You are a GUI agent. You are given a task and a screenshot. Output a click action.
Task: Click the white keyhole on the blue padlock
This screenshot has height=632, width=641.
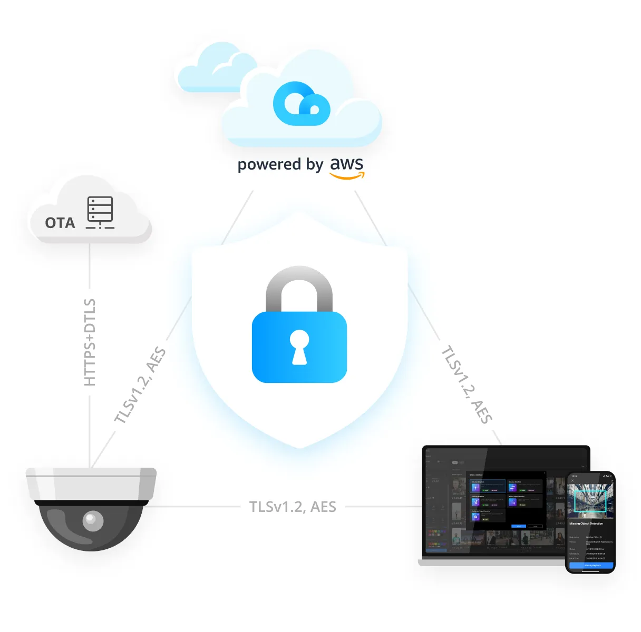point(299,347)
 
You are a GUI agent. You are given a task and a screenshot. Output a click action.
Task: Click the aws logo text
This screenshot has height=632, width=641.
point(347,164)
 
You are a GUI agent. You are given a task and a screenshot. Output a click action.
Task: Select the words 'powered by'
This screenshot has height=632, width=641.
point(280,165)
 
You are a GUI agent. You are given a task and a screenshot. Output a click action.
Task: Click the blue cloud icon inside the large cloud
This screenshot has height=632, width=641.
point(301,104)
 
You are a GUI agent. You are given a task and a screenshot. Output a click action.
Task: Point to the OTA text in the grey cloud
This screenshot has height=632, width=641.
point(60,223)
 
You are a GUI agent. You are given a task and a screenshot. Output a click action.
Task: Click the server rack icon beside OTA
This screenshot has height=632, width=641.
point(100,212)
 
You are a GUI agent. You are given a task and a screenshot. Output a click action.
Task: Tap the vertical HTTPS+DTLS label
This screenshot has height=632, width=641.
point(90,342)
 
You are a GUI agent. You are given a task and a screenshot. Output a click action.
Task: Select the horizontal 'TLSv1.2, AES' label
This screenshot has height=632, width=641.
point(293,507)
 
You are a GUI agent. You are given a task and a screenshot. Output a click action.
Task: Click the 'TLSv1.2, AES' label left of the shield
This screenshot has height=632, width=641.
point(140,385)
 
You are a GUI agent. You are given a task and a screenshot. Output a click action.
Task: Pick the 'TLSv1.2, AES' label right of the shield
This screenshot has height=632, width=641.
point(467,384)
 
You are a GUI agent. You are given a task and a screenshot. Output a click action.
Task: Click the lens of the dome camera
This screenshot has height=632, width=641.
point(93,521)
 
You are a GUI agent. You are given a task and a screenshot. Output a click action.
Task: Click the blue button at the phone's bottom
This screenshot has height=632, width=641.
point(591,565)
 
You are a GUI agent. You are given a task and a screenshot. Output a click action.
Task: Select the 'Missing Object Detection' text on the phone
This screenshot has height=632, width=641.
point(586,524)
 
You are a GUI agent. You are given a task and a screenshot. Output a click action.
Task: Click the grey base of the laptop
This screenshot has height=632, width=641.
point(490,562)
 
